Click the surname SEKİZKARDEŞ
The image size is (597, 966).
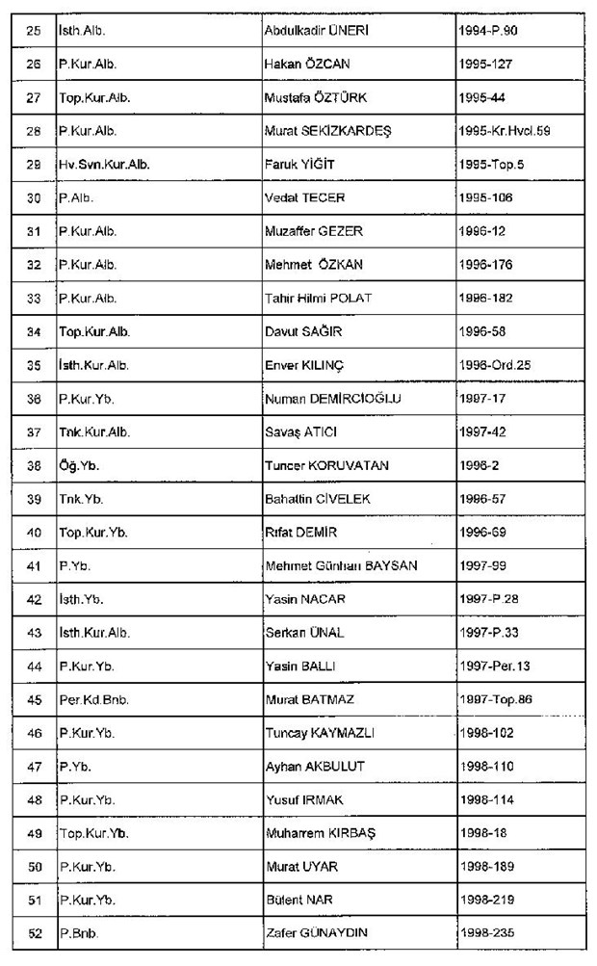pos(351,130)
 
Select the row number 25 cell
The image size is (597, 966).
pos(34,30)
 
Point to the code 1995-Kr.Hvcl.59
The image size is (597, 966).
pos(518,130)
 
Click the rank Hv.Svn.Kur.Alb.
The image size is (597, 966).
pos(104,164)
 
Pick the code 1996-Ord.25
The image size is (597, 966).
pos(503,365)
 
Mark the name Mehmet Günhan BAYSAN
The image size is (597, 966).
pos(341,565)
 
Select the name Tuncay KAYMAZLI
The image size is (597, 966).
pos(320,733)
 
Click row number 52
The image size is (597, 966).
pos(34,933)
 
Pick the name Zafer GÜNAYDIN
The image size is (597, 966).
pos(319,933)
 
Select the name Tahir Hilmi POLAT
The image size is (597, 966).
pos(318,298)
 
